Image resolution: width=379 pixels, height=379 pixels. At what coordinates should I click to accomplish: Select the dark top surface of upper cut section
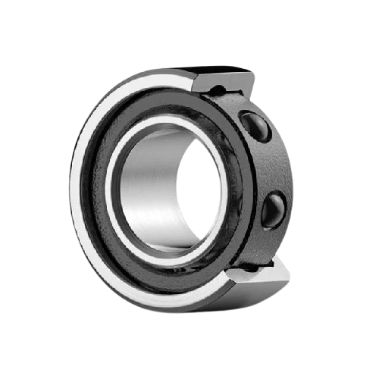tap(227, 70)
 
